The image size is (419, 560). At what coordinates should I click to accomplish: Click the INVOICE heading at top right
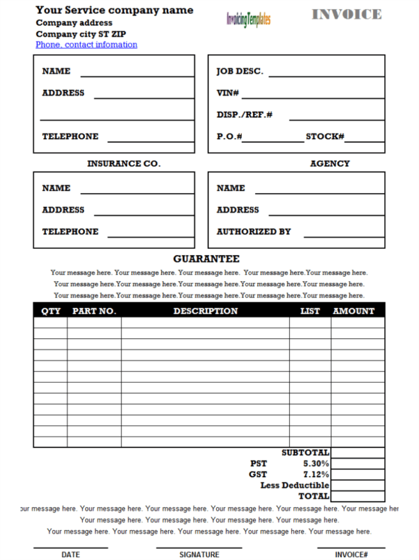pyautogui.click(x=346, y=15)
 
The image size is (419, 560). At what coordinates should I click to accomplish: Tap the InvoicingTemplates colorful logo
pyautogui.click(x=248, y=20)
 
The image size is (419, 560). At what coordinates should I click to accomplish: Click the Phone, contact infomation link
pyautogui.click(x=86, y=45)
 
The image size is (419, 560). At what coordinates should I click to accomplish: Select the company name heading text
pyautogui.click(x=114, y=10)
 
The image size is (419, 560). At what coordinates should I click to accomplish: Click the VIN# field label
pyautogui.click(x=228, y=93)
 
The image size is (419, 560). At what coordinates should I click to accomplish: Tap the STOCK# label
pyautogui.click(x=325, y=137)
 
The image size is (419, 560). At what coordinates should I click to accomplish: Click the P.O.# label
pyautogui.click(x=229, y=137)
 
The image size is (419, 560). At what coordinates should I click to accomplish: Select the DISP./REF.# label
pyautogui.click(x=245, y=114)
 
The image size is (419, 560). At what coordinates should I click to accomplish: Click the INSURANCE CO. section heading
pyautogui.click(x=123, y=164)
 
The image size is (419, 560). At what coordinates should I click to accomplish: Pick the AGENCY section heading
pyautogui.click(x=330, y=164)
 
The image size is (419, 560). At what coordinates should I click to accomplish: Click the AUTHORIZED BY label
pyautogui.click(x=254, y=232)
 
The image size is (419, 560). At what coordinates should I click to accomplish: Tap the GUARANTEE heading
pyautogui.click(x=206, y=259)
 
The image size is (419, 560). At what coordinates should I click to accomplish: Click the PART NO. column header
pyautogui.click(x=93, y=311)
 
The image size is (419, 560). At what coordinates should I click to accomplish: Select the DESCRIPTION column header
pyautogui.click(x=205, y=311)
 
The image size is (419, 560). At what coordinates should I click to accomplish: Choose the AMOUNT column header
pyautogui.click(x=353, y=311)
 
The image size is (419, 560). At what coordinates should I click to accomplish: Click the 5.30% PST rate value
pyautogui.click(x=316, y=463)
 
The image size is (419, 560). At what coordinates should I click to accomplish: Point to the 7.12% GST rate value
pyautogui.click(x=316, y=474)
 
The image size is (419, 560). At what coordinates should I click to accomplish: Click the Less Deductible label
pyautogui.click(x=294, y=485)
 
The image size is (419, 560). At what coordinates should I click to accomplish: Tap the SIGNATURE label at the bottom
pyautogui.click(x=199, y=555)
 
